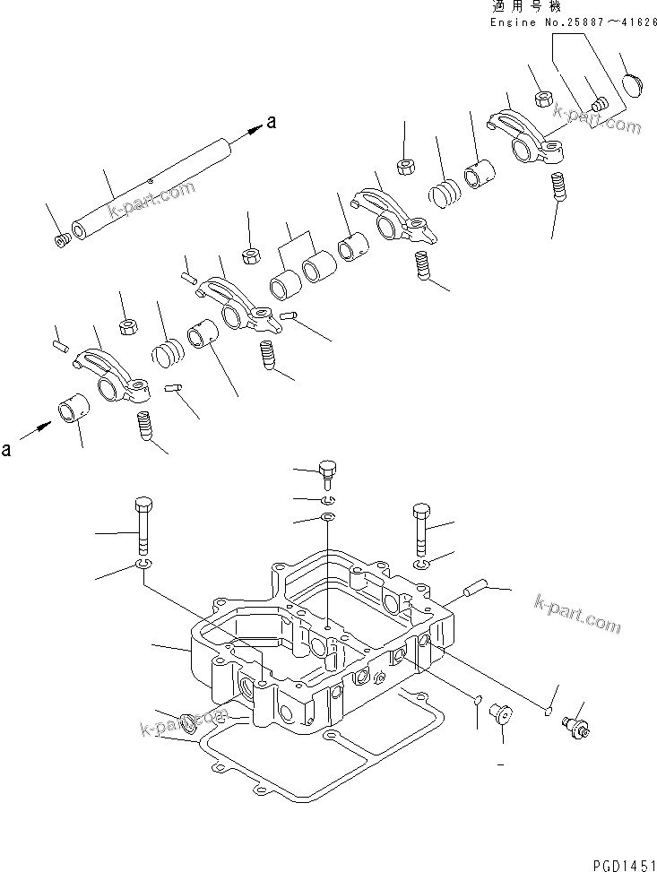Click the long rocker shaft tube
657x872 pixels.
pyautogui.click(x=152, y=189)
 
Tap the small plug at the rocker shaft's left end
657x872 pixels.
pyautogui.click(x=62, y=241)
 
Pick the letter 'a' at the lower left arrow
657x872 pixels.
pyautogui.click(x=7, y=450)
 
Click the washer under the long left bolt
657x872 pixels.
pyautogui.click(x=142, y=564)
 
